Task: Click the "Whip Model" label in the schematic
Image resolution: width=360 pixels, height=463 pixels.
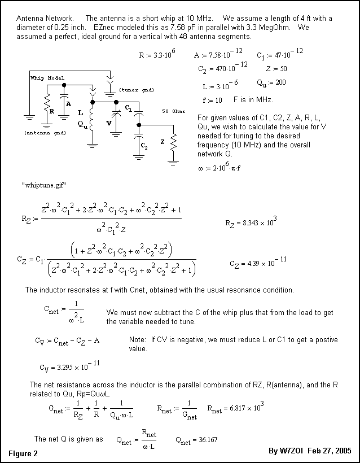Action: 47,78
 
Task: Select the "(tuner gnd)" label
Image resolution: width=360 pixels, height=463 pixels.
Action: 137,90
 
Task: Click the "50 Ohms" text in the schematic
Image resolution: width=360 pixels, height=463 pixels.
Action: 173,111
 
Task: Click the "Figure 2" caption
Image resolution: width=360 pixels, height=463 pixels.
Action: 23,453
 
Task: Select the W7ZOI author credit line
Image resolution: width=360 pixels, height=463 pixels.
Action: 310,451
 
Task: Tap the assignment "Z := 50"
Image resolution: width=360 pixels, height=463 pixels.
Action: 276,69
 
